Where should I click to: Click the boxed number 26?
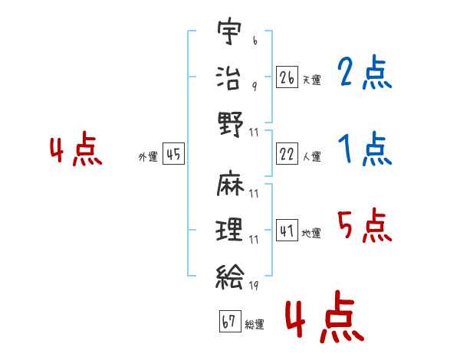point(287,77)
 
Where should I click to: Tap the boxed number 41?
point(287,229)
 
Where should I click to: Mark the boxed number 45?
point(173,155)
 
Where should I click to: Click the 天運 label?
point(311,80)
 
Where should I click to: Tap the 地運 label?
point(311,233)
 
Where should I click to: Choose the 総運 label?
point(254,324)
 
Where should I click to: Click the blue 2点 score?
point(365,74)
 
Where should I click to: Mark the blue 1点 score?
point(365,149)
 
